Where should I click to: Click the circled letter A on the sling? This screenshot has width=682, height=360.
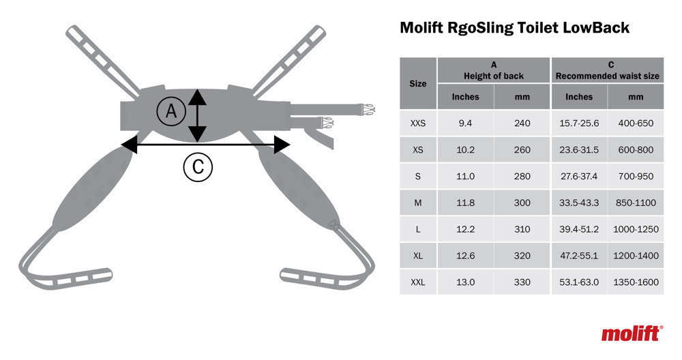[x=171, y=111]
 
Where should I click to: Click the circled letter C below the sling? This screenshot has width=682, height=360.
[x=198, y=167]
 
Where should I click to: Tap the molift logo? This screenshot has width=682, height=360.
[x=632, y=333]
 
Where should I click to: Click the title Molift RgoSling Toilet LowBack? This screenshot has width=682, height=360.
[x=514, y=28]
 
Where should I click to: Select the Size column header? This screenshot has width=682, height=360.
[x=418, y=83]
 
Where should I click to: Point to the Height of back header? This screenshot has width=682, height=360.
[x=494, y=70]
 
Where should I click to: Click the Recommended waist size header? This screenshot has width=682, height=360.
[x=608, y=70]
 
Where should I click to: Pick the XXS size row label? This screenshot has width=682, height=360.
[x=418, y=123]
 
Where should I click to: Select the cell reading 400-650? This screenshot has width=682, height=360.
[x=636, y=123]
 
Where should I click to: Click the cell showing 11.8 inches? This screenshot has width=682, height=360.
[x=465, y=202]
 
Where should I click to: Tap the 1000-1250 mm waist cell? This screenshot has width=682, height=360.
[x=636, y=229]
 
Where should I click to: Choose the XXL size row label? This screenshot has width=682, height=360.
[x=418, y=282]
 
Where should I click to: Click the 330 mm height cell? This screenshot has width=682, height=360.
[x=522, y=282]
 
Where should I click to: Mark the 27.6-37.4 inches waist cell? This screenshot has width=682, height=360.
[x=579, y=176]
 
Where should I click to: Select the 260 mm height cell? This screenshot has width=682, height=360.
[x=522, y=150]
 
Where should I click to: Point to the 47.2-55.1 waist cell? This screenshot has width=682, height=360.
[x=579, y=256]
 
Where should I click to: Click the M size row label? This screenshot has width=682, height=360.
[x=418, y=202]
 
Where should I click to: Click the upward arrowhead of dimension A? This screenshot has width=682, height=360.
[x=198, y=97]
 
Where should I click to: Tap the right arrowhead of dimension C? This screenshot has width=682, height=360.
[x=282, y=145]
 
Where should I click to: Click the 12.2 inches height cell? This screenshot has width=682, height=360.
[x=465, y=229]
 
